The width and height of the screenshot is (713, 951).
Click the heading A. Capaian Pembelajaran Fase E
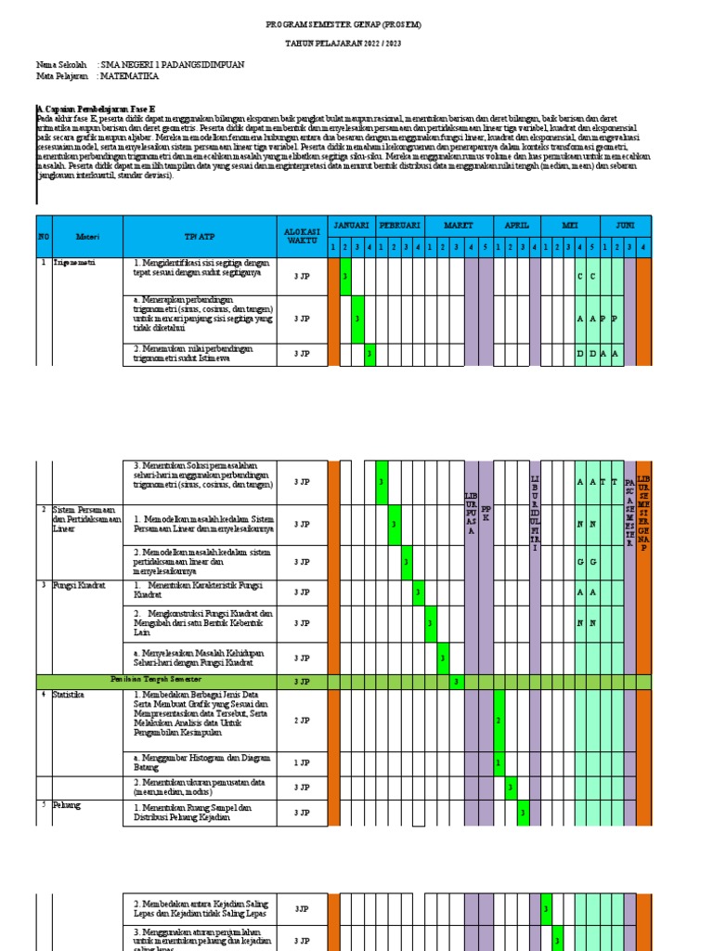(x=96, y=109)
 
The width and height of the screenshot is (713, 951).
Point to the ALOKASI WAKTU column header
(x=302, y=236)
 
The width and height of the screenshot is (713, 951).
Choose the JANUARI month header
(x=351, y=226)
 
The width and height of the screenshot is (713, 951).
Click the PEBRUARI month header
(x=400, y=226)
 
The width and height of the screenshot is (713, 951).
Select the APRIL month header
(x=516, y=226)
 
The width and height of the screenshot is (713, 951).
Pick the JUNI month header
(x=625, y=226)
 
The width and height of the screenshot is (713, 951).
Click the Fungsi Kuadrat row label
(x=79, y=586)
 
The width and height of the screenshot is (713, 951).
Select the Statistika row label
(x=71, y=695)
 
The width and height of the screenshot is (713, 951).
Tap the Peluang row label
(x=68, y=805)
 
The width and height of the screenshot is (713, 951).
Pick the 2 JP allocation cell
(x=302, y=720)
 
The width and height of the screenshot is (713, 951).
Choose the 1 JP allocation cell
(x=302, y=762)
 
